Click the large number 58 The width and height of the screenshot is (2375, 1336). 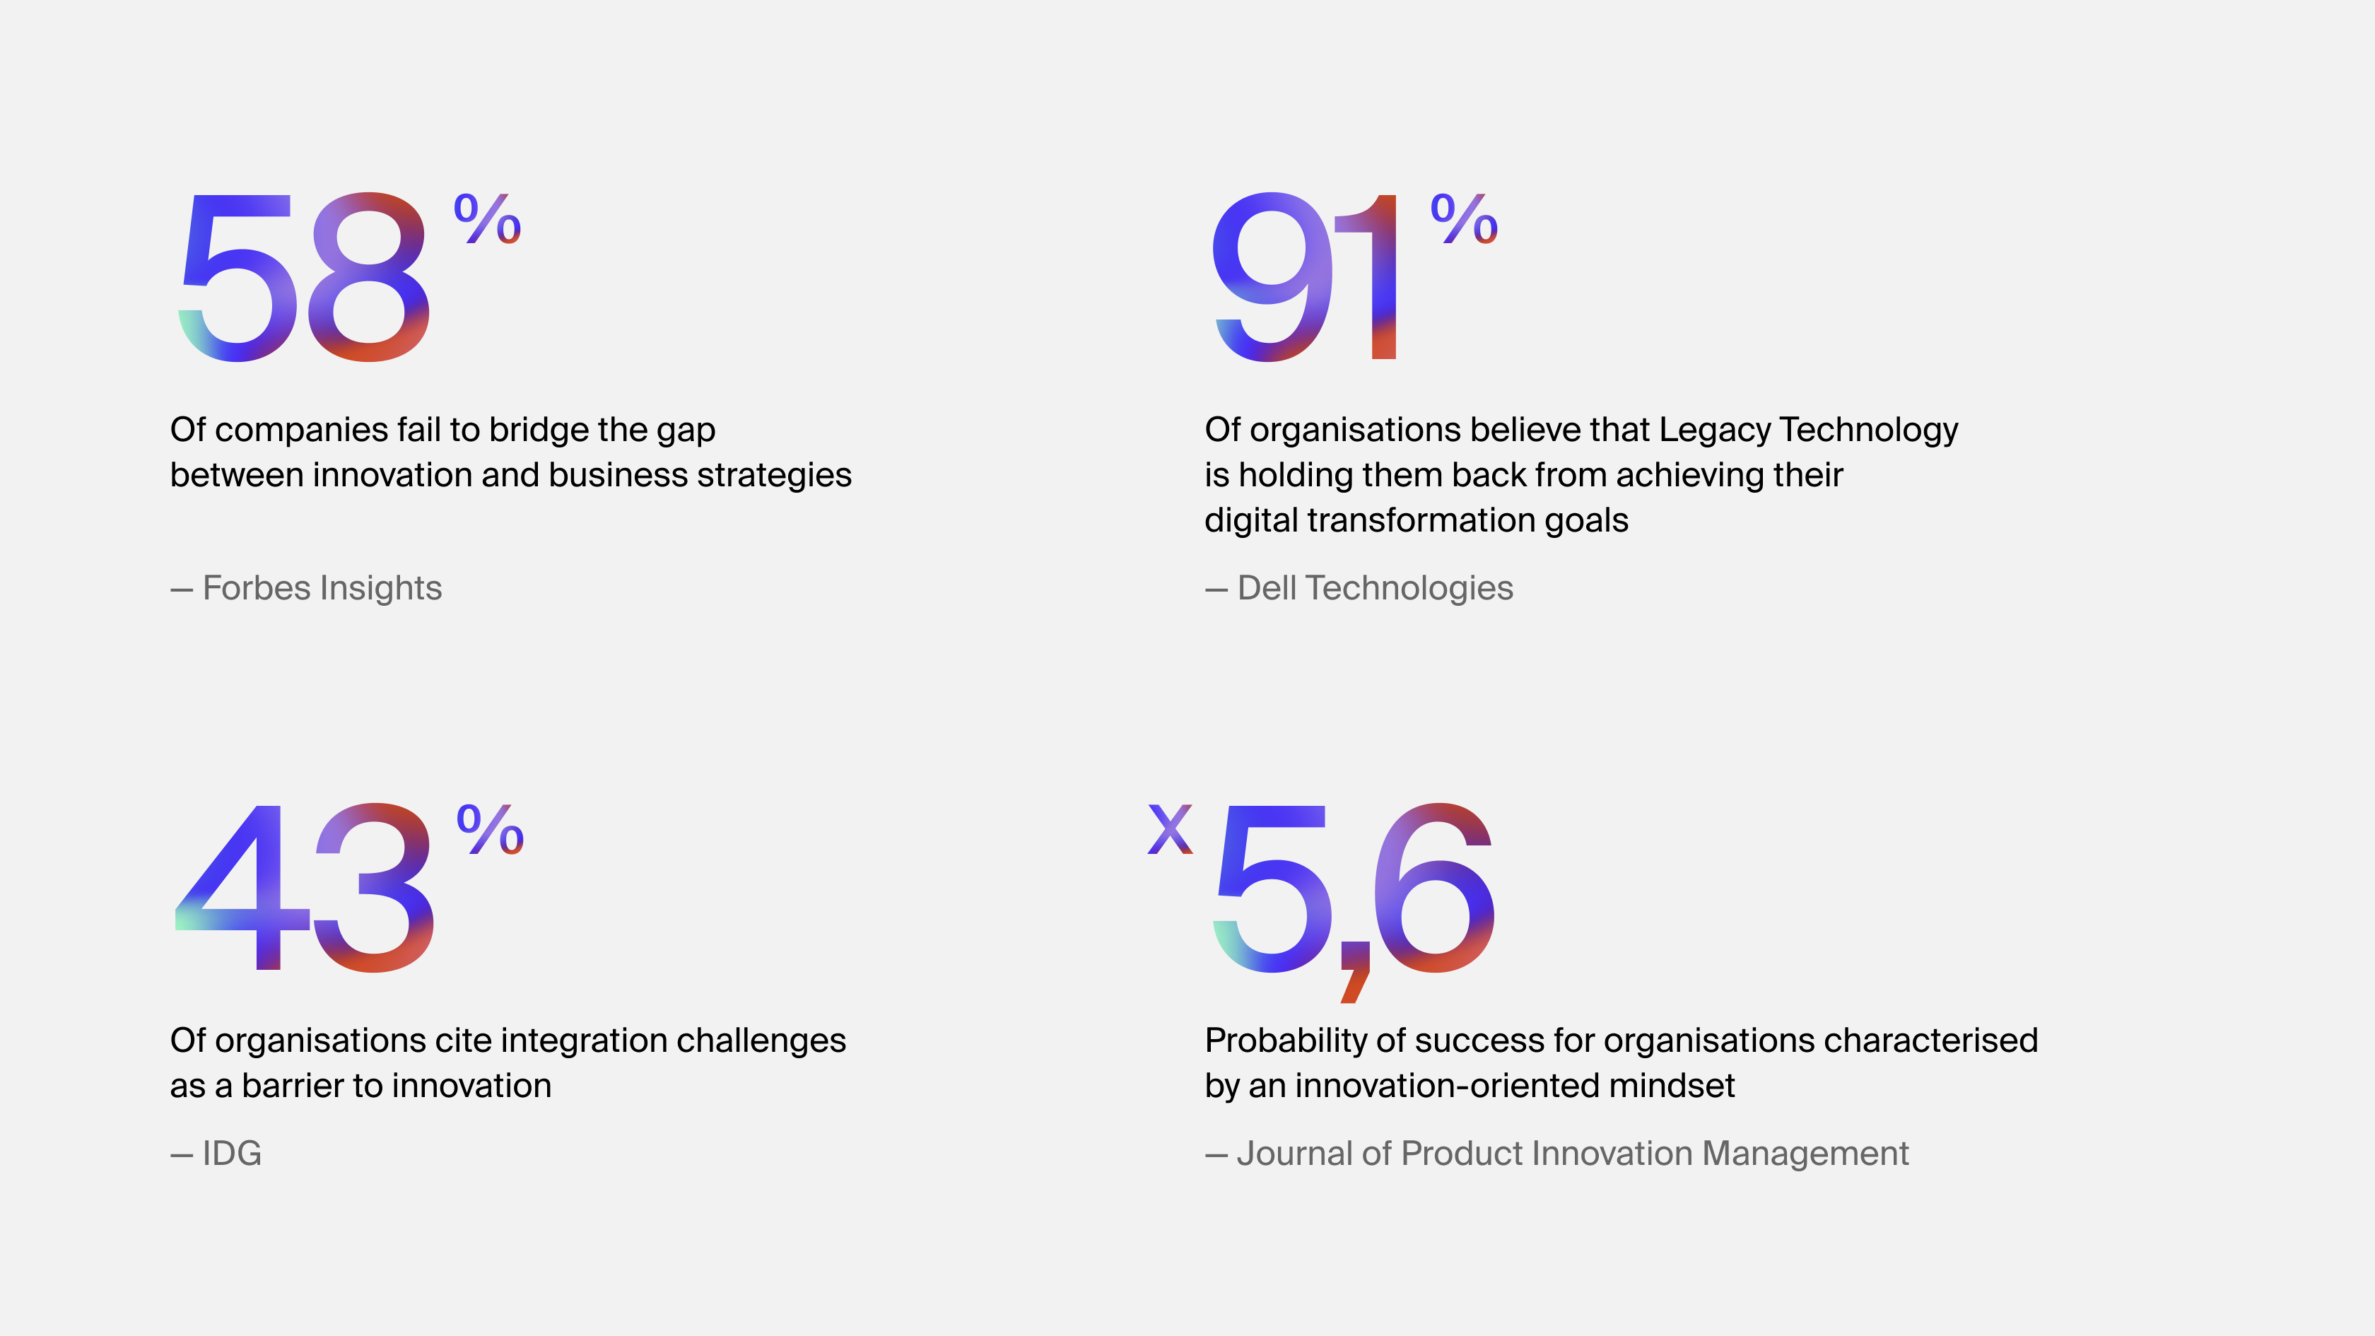[x=303, y=276]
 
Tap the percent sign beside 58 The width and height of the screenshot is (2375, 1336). [x=488, y=218]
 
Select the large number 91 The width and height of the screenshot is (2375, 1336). [x=1305, y=276]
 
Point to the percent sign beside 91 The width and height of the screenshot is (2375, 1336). [x=1464, y=218]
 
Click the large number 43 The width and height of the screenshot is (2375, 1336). [x=304, y=887]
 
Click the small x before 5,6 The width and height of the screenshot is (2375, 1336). [x=1170, y=829]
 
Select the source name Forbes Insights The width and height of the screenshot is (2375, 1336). [x=322, y=588]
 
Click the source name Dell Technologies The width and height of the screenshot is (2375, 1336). [x=1375, y=588]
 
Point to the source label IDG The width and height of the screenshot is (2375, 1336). [x=231, y=1154]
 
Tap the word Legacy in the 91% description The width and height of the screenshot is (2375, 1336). [x=1714, y=430]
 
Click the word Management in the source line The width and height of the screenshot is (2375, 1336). [x=1805, y=1154]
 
